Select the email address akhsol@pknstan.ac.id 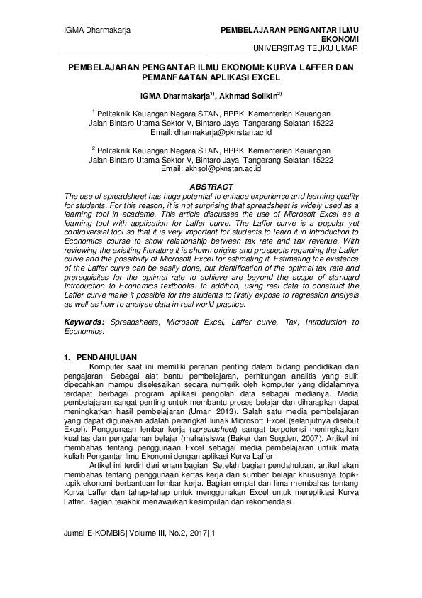point(221,169)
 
